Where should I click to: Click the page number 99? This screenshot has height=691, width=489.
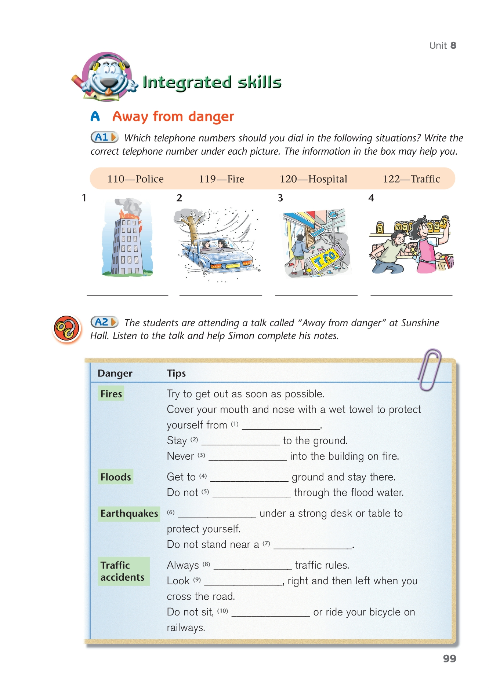tap(449, 658)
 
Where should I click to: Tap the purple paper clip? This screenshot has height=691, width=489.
tap(429, 370)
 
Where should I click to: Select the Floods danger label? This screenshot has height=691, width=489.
tap(116, 477)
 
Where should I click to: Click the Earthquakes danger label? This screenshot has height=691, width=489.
tap(129, 513)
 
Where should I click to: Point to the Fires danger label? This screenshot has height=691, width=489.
tap(111, 394)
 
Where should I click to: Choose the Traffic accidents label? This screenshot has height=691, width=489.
tap(123, 571)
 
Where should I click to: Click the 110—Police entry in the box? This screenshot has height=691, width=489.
tap(135, 179)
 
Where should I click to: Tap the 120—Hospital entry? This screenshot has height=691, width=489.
tap(313, 179)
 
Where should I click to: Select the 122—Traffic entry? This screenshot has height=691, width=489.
tap(411, 179)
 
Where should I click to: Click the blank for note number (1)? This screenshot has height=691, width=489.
tap(281, 425)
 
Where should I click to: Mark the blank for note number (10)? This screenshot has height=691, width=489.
tap(271, 613)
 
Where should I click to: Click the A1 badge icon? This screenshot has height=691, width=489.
tap(104, 137)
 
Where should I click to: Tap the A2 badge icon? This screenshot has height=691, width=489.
tap(104, 322)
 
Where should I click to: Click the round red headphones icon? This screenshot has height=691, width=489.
tap(66, 328)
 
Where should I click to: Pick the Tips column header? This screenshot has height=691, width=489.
tap(176, 373)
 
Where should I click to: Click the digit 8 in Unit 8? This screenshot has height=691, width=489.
tap(453, 45)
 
